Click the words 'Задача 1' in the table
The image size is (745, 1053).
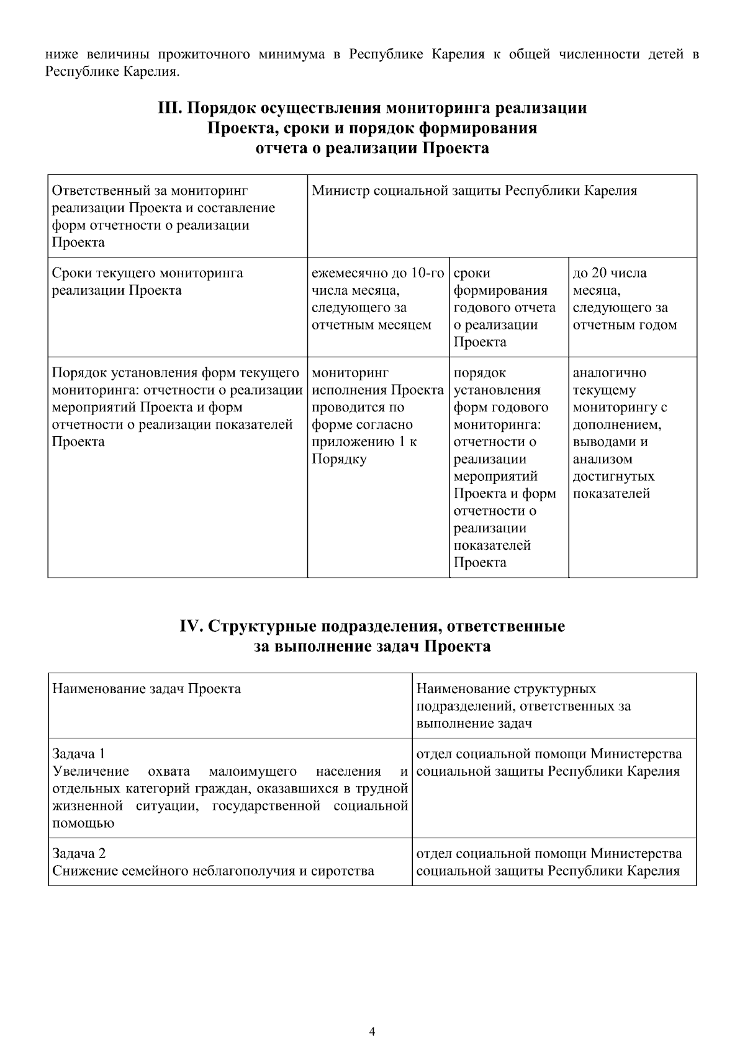(78, 754)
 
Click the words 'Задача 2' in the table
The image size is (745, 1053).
(78, 853)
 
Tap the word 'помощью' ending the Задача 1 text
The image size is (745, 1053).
(83, 823)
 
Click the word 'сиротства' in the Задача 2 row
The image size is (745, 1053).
(345, 871)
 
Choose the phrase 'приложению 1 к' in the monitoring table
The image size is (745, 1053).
(364, 442)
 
